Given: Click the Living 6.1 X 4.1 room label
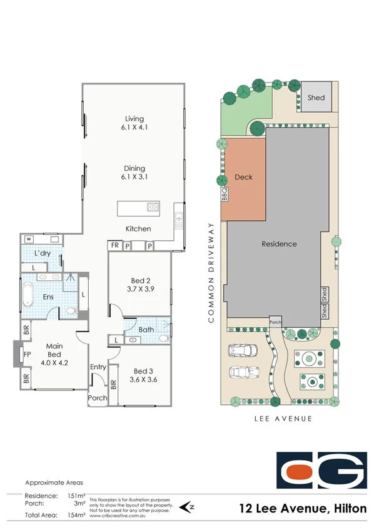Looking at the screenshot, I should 134,123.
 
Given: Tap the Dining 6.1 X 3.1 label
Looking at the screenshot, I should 134,173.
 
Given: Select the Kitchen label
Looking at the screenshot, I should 138,229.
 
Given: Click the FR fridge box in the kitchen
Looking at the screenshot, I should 115,246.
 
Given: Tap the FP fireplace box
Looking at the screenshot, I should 26,355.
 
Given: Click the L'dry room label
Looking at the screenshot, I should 43,253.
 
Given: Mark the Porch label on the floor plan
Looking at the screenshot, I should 97,398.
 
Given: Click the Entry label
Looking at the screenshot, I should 98,367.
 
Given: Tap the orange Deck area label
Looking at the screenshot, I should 243,177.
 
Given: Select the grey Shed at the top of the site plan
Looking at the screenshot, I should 316,98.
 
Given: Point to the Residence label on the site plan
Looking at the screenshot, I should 278,244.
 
